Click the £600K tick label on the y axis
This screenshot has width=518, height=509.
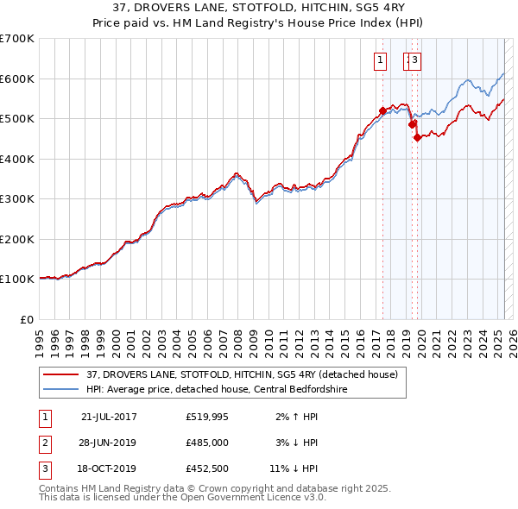(17, 79)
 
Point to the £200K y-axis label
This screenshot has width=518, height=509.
(17, 239)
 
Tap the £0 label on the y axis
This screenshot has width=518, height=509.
(27, 319)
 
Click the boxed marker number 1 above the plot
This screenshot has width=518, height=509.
(379, 60)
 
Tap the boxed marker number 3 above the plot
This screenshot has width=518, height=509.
(415, 60)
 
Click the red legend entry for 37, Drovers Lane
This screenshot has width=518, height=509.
(242, 374)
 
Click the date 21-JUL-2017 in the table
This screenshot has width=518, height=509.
(109, 417)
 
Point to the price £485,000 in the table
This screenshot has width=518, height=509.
(207, 443)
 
